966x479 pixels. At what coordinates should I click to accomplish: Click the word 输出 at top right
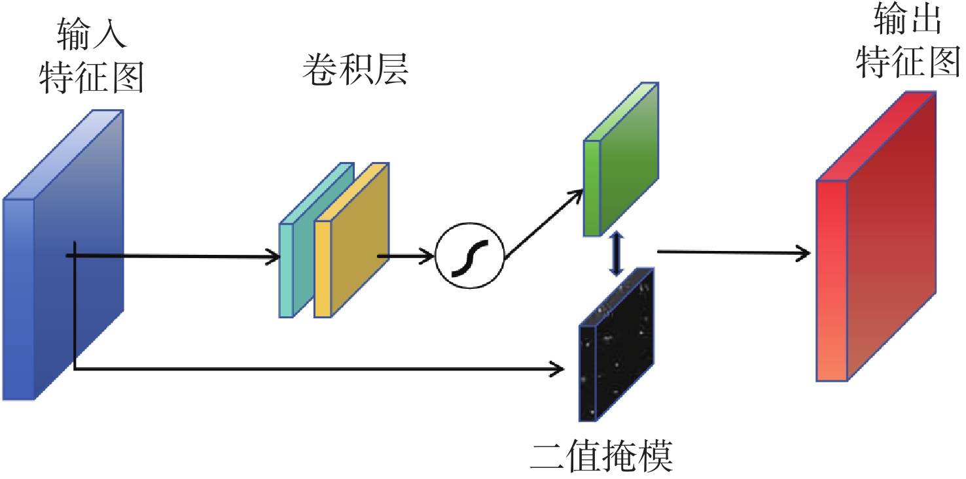909,21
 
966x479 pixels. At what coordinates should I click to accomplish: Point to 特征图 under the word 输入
92,77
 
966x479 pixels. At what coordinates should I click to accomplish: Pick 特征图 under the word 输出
909,63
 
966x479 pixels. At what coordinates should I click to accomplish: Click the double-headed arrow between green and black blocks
615,254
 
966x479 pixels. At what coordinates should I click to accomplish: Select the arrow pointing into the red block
733,252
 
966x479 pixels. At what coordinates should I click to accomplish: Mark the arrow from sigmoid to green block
543,222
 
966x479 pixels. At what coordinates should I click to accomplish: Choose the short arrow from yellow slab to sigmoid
406,256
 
